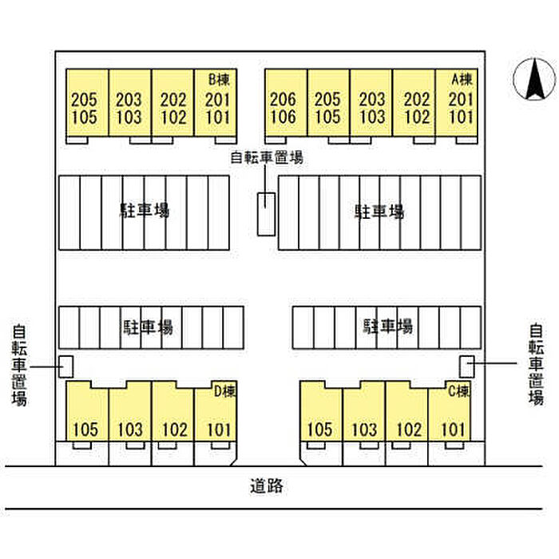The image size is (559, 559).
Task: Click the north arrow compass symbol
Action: coord(534,79)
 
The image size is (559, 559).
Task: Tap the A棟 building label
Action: coord(462,80)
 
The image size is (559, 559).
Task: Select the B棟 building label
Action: coord(219,80)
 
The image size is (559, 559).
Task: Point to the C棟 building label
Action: coord(459,391)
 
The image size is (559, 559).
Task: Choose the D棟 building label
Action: coord(224,391)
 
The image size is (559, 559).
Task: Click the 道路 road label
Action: coord(267,486)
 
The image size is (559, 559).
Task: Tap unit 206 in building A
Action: coord(283,100)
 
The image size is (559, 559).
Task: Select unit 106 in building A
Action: coord(283,117)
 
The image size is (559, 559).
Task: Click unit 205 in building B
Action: coord(84,100)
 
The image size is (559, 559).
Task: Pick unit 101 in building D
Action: coord(219,430)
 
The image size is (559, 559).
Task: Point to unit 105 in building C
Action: coord(319,430)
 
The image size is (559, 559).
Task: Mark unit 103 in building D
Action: coord(129,430)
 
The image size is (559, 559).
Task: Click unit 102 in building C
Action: coord(409,430)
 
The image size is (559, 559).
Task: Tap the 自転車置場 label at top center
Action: coord(267,157)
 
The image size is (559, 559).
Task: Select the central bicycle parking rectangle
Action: coord(266,214)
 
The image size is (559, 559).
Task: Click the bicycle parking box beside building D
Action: coord(66,367)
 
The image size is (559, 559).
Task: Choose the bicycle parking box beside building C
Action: coord(466,367)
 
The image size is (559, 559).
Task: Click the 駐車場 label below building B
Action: coord(144,210)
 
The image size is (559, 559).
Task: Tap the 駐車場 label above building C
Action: coord(388,326)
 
